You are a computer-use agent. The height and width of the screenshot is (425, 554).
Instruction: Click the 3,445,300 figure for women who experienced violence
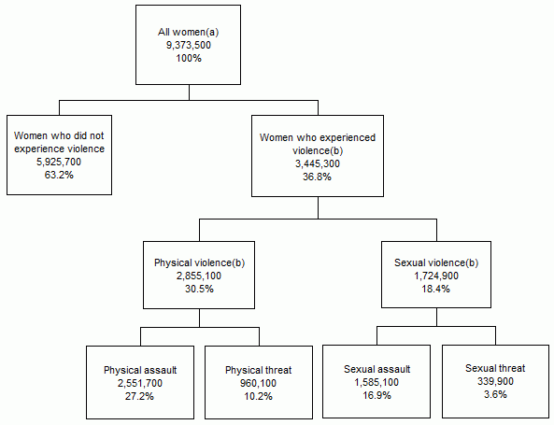pos(318,163)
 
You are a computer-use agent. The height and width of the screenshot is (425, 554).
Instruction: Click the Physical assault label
pos(140,370)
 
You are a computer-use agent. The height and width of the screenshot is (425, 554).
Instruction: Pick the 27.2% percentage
pos(140,396)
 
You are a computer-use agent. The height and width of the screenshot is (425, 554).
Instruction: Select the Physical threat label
pos(259,370)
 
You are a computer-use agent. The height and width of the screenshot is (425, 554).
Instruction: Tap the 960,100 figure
pos(259,383)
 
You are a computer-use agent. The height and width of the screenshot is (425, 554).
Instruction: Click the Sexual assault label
pos(376,369)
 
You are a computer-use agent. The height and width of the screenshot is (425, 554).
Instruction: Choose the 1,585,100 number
pos(376,382)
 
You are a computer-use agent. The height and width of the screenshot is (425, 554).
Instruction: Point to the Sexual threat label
pos(495,369)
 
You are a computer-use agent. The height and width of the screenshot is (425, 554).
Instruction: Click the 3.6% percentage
pos(495,395)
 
